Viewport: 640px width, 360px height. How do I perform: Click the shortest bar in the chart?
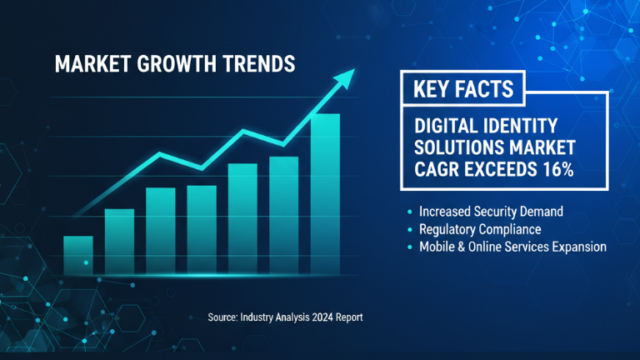[78, 247]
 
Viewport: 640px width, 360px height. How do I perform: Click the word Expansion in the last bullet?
[577, 247]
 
